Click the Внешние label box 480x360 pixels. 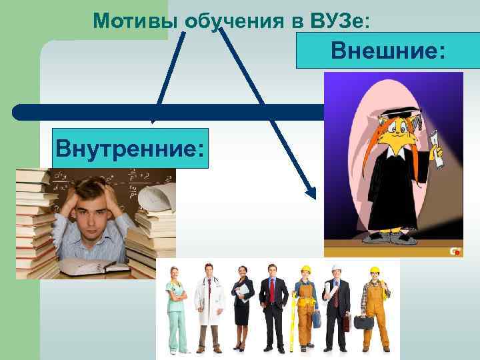[x=388, y=51]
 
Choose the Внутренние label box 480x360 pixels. [x=131, y=147]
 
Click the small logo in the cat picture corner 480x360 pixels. [x=455, y=251]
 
